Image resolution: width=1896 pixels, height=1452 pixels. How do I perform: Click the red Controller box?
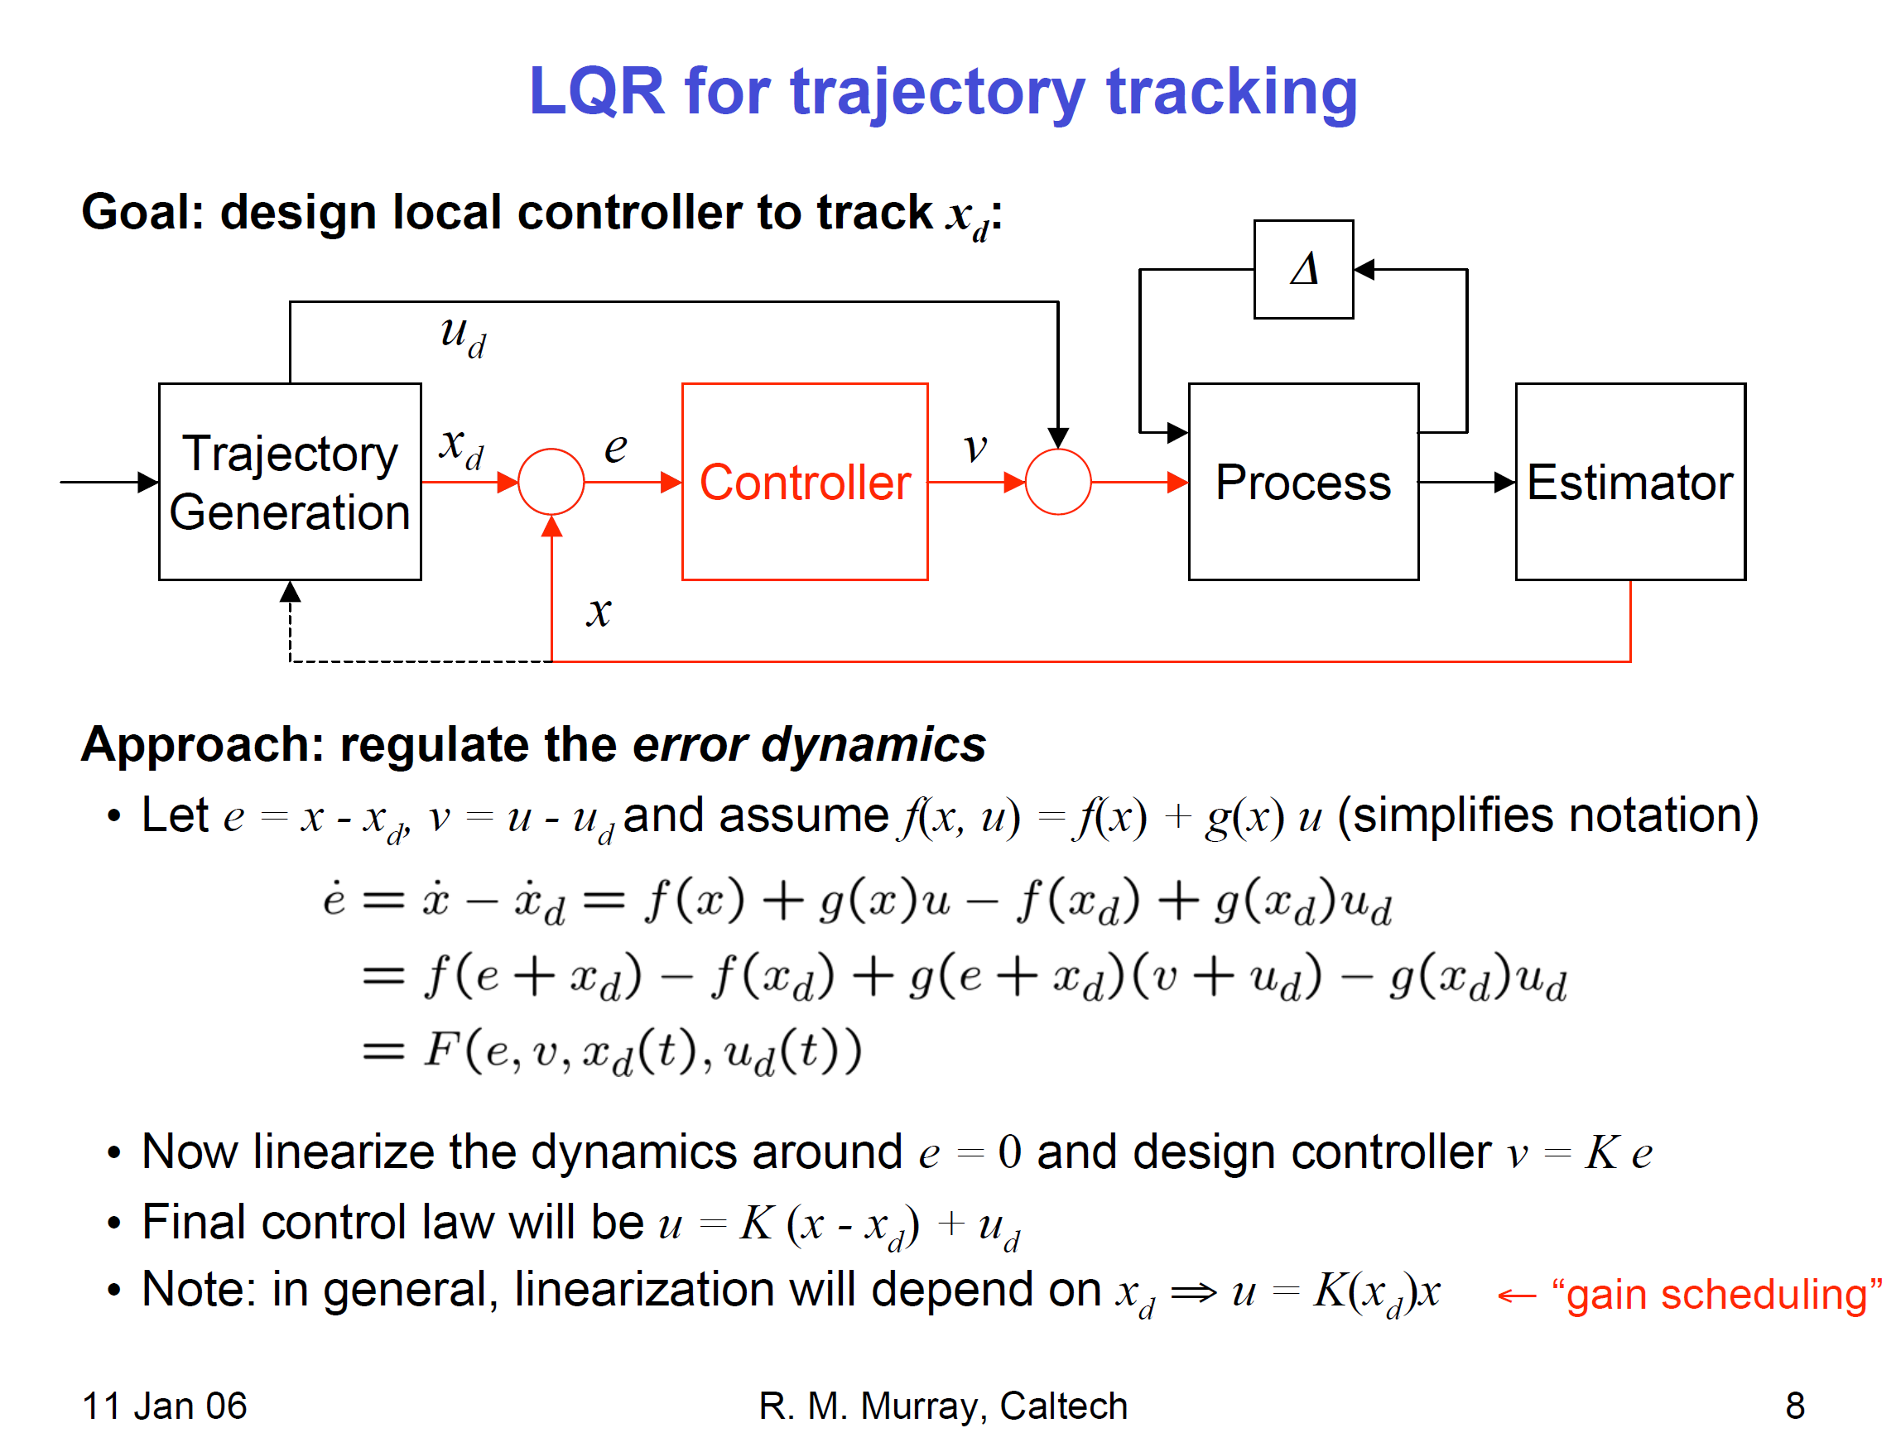tap(804, 482)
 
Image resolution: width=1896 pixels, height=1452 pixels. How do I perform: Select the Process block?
tap(1302, 482)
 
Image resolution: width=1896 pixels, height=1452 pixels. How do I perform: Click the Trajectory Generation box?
tap(290, 482)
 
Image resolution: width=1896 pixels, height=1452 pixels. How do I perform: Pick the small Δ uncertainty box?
tap(1303, 269)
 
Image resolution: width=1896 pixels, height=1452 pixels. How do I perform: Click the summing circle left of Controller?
tap(551, 482)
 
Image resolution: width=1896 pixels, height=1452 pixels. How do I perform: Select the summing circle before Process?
tap(1058, 482)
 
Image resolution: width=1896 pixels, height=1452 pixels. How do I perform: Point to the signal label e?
tap(614, 447)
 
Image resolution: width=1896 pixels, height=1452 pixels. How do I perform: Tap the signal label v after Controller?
tap(974, 447)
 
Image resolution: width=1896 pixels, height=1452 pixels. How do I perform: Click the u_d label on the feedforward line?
tap(462, 335)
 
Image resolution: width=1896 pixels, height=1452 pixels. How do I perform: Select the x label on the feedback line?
tap(598, 612)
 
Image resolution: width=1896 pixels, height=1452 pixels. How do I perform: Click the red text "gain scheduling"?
tap(1716, 1295)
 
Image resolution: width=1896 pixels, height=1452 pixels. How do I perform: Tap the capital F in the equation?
tap(440, 1051)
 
